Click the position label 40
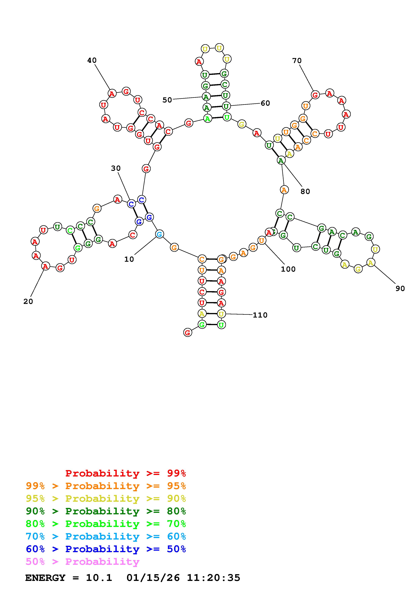tap(92, 60)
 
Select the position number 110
tap(260, 315)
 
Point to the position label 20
tap(28, 301)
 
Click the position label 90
tap(400, 289)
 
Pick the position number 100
tap(288, 269)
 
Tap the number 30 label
tap(116, 168)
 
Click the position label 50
tap(167, 100)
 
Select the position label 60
tap(265, 103)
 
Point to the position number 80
tap(305, 191)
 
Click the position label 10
tap(129, 259)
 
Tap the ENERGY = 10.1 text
tap(69, 578)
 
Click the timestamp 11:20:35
tap(213, 578)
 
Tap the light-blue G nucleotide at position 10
tap(159, 234)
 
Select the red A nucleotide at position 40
tap(112, 94)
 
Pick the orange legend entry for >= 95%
tap(106, 486)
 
